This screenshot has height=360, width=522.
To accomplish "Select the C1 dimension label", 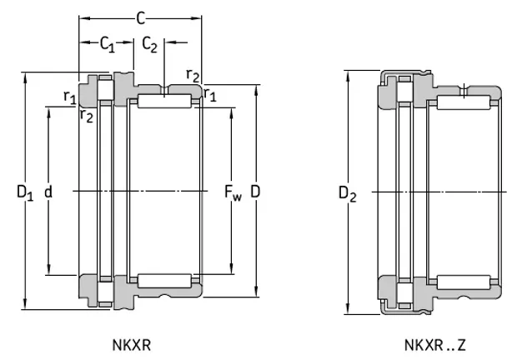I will pos(107,44).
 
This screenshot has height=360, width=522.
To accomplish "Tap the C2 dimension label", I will pos(150,44).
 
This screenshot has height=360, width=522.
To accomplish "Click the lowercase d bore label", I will pos(48,192).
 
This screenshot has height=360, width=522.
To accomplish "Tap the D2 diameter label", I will pos(347,194).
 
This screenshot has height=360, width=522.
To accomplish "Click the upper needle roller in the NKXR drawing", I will pos(164,101).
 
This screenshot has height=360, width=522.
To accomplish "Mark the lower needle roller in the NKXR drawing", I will pos(164,281).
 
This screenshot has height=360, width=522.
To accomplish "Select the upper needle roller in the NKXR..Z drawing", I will pos(464,102).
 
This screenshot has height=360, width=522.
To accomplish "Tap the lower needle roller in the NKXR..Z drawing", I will pos(464,281).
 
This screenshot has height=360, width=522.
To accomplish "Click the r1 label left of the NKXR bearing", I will pos(69,97).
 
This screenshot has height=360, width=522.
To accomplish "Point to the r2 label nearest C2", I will pos(193,77).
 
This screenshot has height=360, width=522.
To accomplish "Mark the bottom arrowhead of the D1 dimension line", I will pos(26,306).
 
